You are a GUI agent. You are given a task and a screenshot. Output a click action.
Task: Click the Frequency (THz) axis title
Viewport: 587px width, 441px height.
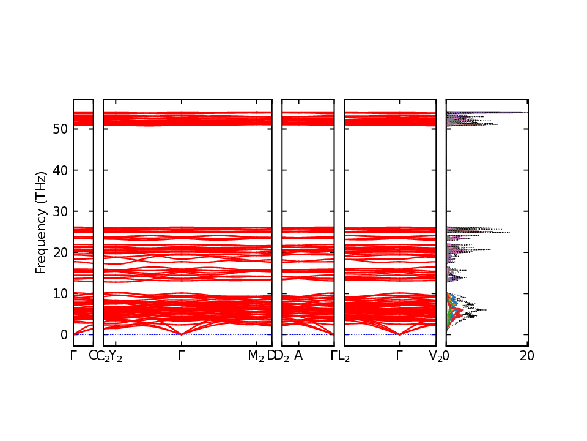41,222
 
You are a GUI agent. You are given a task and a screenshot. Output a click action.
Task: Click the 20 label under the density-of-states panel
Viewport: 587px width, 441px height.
527,356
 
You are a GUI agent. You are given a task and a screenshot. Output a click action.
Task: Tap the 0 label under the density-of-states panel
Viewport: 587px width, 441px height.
446,356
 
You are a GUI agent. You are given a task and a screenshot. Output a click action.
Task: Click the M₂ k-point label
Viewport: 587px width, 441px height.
256,356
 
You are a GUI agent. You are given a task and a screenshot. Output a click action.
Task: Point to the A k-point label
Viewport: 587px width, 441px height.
298,356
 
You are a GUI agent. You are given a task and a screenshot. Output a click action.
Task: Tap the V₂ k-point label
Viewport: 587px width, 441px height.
435,356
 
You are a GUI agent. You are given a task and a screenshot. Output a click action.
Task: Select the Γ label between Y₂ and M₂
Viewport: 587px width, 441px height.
181,356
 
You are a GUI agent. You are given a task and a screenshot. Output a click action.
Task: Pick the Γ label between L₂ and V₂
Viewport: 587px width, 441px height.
399,356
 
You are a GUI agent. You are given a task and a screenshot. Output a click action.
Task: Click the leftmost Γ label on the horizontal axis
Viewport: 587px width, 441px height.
73,356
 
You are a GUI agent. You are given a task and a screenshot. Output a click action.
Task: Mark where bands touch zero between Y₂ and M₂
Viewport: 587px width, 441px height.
181,334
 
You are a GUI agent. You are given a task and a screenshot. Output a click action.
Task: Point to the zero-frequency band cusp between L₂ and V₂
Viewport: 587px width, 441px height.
399,334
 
